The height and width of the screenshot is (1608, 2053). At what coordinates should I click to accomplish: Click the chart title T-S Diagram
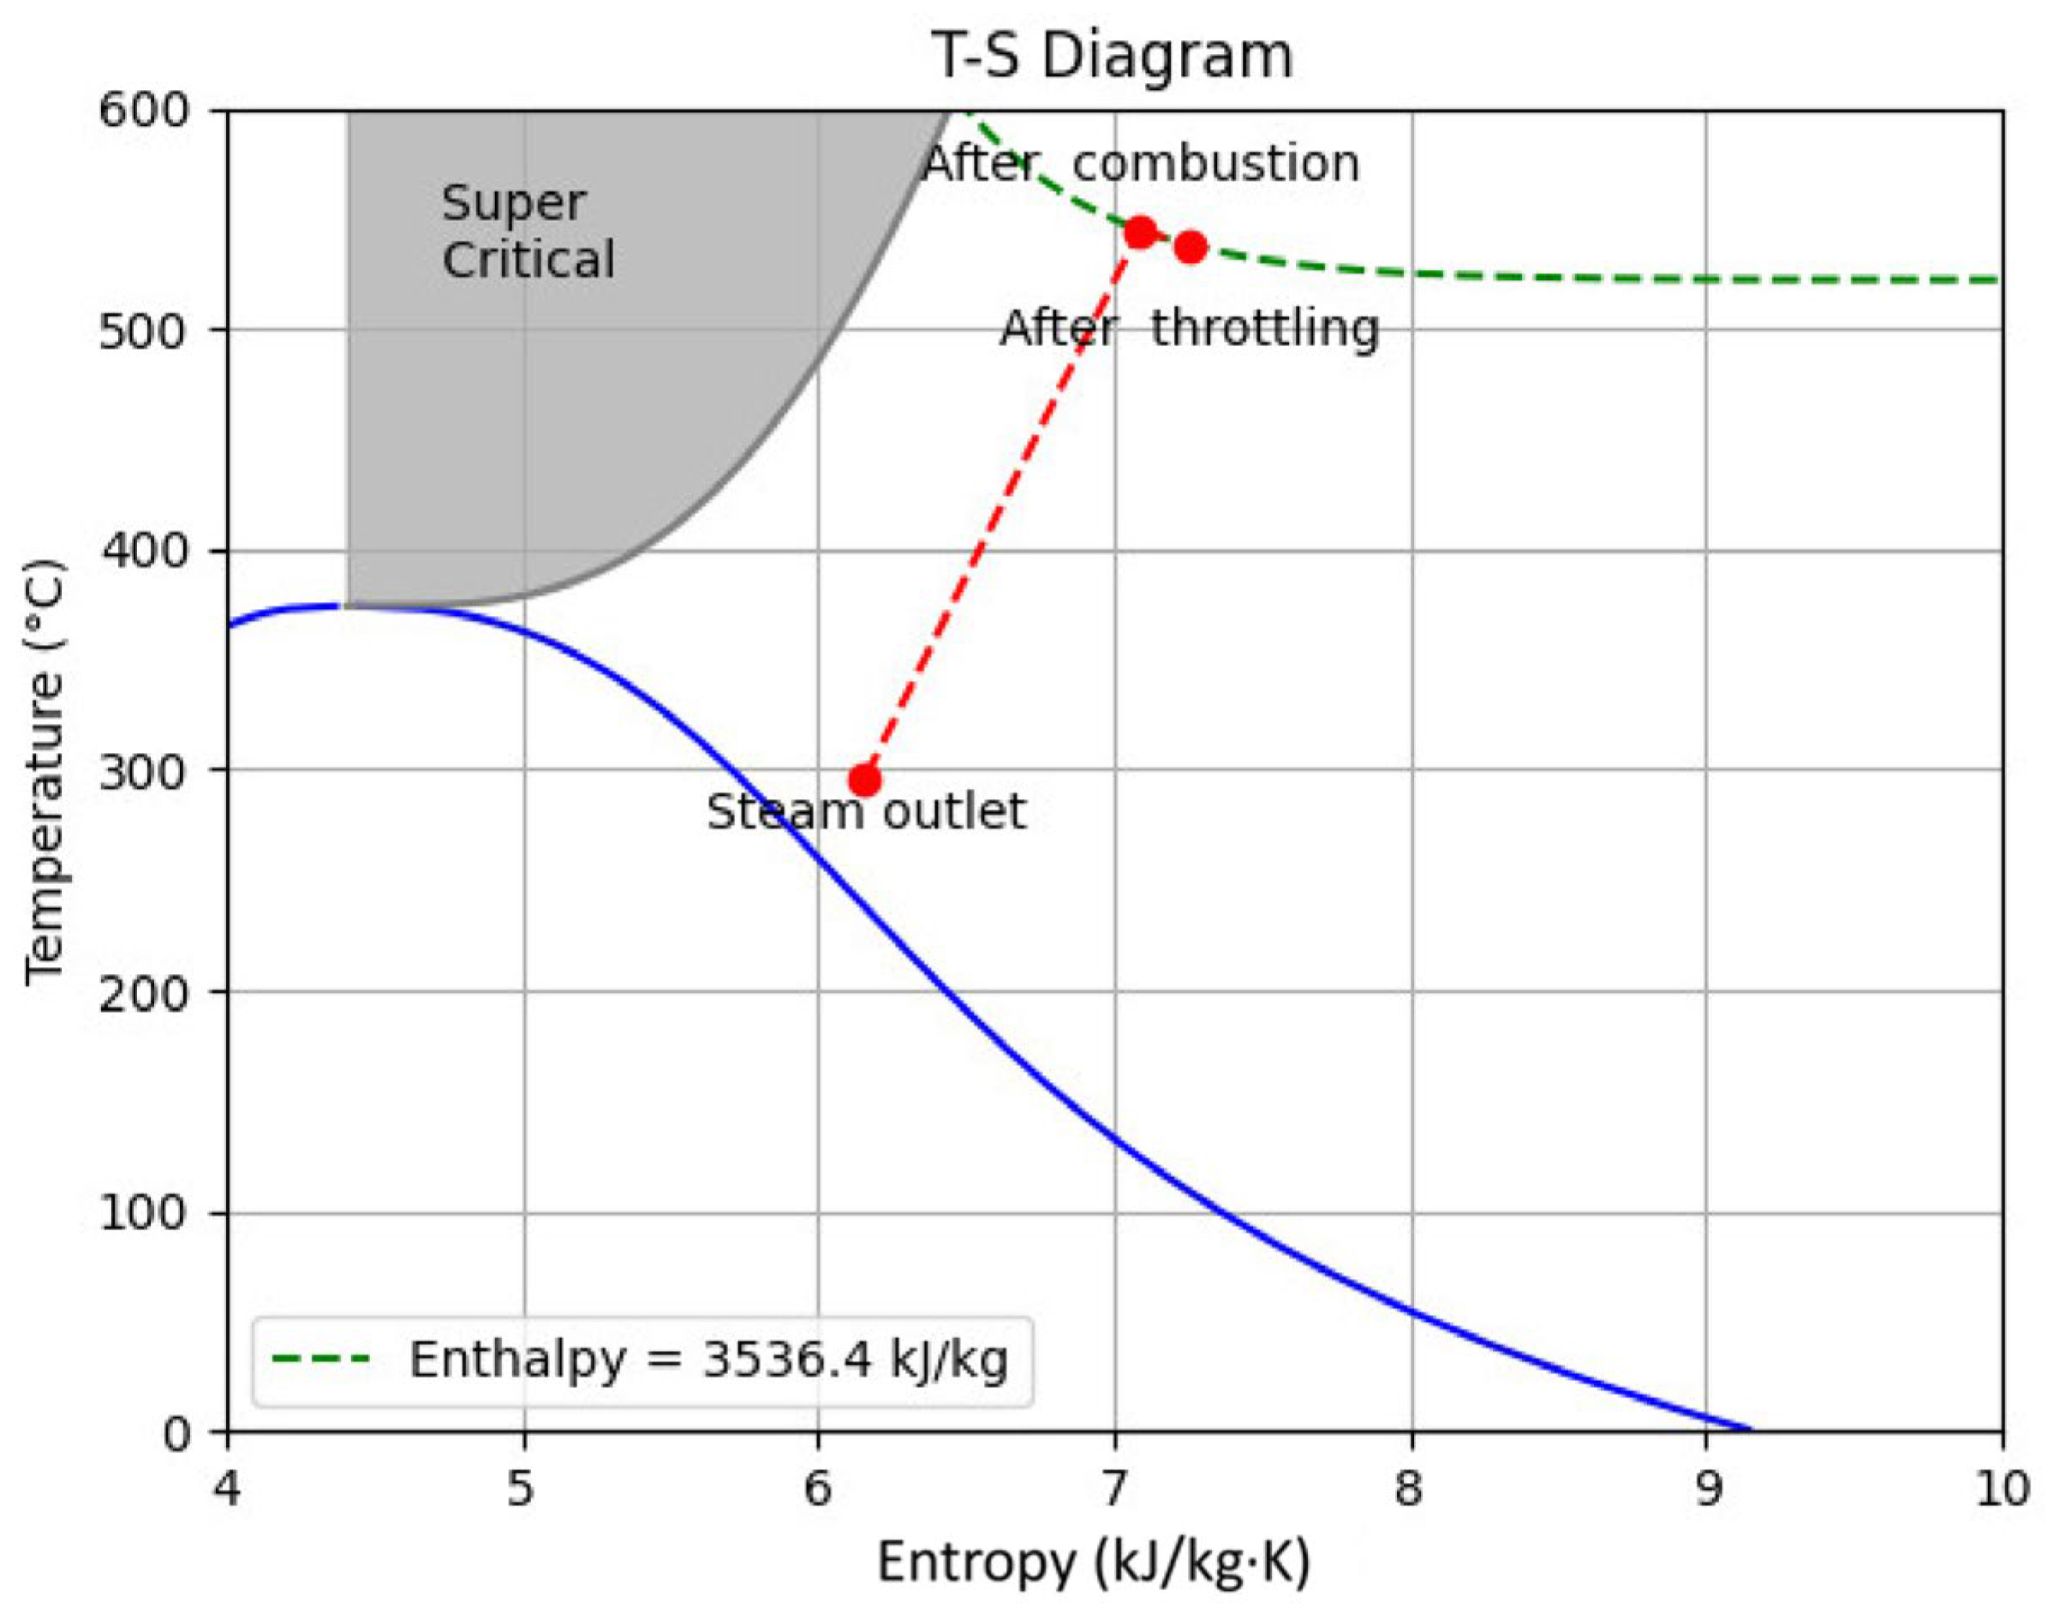point(1112,57)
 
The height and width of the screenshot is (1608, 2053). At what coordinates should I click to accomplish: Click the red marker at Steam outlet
point(864,780)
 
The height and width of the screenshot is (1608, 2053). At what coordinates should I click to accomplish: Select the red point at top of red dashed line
point(1140,232)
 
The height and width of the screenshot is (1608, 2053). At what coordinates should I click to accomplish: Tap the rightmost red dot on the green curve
point(1191,248)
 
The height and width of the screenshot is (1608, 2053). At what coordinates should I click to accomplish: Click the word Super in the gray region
point(513,204)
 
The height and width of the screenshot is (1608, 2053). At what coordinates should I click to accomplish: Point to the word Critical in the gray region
point(528,260)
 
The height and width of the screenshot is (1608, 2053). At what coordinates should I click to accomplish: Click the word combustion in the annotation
point(1216,164)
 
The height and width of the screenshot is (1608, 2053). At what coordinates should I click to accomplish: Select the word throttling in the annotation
point(1265,330)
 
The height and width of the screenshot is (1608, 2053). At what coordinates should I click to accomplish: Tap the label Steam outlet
point(866,811)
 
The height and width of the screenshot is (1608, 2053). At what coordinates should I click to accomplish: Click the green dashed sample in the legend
point(320,1359)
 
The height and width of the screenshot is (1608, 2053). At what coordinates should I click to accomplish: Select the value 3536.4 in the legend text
point(787,1360)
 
